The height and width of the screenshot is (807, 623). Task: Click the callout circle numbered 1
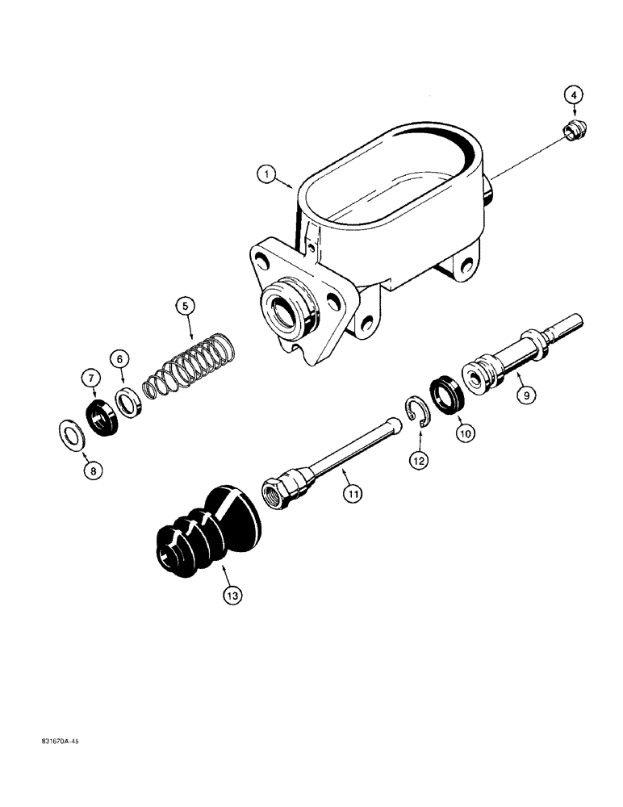coord(264,173)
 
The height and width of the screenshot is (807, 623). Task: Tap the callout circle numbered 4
coord(574,95)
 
